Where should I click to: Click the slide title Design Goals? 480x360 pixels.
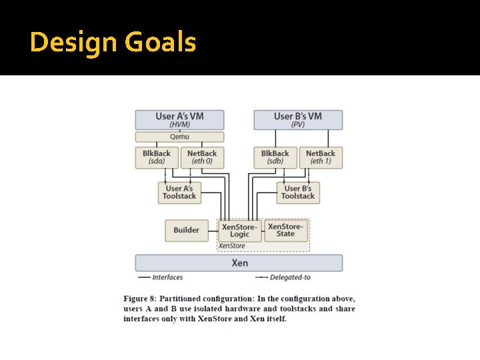pyautogui.click(x=113, y=43)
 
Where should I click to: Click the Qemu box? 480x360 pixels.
pyautogui.click(x=179, y=137)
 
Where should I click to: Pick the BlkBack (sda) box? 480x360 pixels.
pyautogui.click(x=157, y=157)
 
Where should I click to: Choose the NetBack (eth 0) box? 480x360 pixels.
pyautogui.click(x=202, y=157)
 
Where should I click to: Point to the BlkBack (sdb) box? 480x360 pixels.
pyautogui.click(x=275, y=157)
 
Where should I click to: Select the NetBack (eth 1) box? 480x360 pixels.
pyautogui.click(x=321, y=157)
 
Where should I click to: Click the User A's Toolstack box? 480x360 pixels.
pyautogui.click(x=179, y=193)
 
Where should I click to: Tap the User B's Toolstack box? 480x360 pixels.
pyautogui.click(x=298, y=193)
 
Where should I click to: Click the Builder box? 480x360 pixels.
pyautogui.click(x=186, y=230)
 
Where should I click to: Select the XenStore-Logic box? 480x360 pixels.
pyautogui.click(x=239, y=231)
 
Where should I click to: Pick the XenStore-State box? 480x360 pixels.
pyautogui.click(x=285, y=230)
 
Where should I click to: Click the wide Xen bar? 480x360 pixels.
pyautogui.click(x=239, y=263)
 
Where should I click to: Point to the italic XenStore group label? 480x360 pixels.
pyautogui.click(x=232, y=246)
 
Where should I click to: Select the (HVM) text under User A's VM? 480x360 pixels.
pyautogui.click(x=179, y=125)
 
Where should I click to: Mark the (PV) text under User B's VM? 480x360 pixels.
pyautogui.click(x=298, y=125)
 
